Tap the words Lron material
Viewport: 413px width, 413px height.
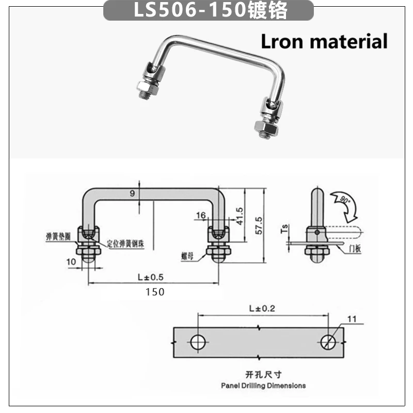(324, 41)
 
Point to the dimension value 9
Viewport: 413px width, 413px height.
(132, 194)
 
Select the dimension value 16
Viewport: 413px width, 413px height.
(201, 215)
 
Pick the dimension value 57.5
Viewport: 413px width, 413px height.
(259, 226)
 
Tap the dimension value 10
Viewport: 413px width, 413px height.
(71, 262)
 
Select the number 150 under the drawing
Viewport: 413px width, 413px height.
(154, 292)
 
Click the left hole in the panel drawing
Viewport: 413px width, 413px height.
(198, 342)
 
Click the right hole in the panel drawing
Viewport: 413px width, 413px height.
(328, 342)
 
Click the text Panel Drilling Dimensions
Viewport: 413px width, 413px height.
(263, 385)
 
